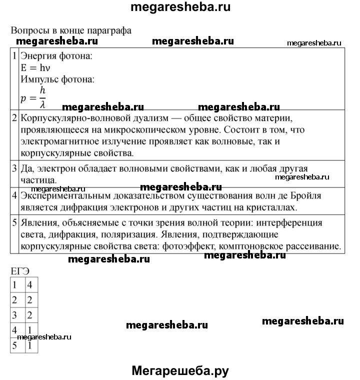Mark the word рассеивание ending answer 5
(x=314, y=245)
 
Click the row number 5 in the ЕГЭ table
(x=15, y=345)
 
